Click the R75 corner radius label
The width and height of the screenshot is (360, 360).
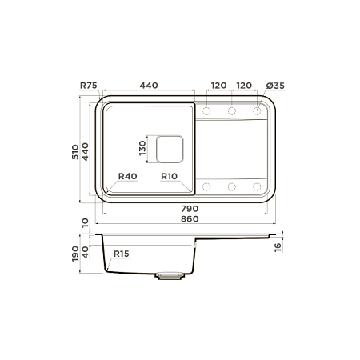89,86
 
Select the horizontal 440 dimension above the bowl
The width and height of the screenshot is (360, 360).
149,86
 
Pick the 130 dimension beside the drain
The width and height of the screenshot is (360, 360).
142,149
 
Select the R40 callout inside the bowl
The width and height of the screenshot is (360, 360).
127,177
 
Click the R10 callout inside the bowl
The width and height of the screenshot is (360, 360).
169,177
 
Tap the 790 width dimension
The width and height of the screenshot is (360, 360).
189,208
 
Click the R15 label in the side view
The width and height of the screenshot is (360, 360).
122,254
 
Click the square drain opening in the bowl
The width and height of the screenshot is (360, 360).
169,149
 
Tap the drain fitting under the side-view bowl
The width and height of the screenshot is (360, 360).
170,275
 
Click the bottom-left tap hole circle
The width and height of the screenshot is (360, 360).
206,187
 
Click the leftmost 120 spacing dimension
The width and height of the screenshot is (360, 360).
218,86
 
